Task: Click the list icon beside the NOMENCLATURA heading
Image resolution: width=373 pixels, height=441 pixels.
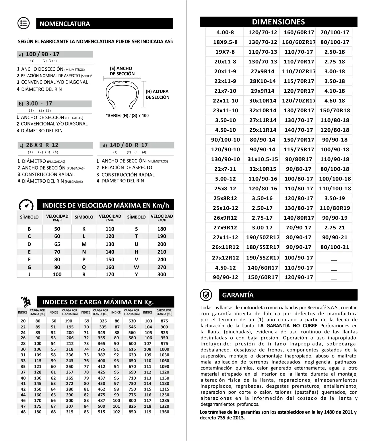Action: point(24,23)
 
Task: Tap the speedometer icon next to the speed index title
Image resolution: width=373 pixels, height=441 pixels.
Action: point(26,205)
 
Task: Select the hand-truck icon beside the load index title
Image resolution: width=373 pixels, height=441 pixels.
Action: point(26,302)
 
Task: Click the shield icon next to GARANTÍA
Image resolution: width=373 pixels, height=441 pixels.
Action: point(206,295)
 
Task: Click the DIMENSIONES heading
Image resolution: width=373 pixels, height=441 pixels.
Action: point(278,22)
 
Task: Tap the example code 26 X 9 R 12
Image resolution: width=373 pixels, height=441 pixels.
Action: point(42,145)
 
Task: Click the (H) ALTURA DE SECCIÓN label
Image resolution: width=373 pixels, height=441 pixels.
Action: point(157,94)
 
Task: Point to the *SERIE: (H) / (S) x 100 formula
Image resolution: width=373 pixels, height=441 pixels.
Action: point(127,116)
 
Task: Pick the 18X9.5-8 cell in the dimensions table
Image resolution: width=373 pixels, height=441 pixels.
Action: point(225,42)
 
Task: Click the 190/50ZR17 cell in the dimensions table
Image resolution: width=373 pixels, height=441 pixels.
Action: point(263,237)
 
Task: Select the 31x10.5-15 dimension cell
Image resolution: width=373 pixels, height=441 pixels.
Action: point(263,159)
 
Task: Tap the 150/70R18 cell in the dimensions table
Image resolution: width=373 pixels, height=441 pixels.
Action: point(335,110)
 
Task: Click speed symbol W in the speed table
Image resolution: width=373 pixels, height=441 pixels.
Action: point(136,267)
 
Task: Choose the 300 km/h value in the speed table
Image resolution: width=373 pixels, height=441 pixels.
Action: point(162,274)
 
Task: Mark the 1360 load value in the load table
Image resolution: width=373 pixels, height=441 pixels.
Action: point(164,412)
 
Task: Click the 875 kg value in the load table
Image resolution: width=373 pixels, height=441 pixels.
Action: point(164,321)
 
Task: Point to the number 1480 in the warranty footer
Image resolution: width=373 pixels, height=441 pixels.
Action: point(329,412)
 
